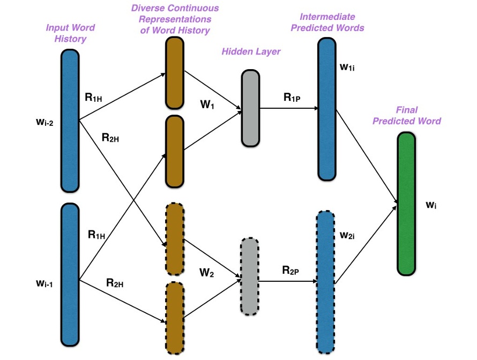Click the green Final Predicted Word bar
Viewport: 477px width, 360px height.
(x=406, y=204)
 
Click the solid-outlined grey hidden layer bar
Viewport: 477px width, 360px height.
(x=250, y=108)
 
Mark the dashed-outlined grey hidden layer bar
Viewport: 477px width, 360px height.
(x=249, y=276)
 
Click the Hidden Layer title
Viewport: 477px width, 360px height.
(x=251, y=51)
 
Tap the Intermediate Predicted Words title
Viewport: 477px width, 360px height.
(x=327, y=22)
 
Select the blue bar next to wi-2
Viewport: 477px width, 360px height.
(x=70, y=121)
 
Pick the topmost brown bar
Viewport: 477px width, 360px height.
(x=175, y=73)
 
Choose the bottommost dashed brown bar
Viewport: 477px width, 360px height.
(x=175, y=318)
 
